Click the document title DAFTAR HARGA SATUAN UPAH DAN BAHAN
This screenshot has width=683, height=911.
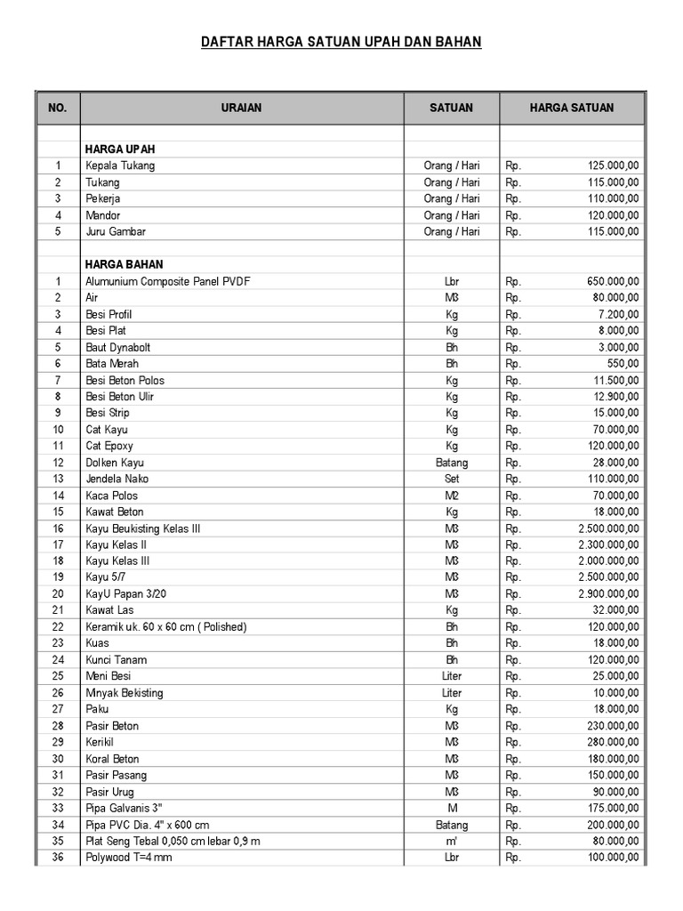(x=341, y=42)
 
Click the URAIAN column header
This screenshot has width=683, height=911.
(x=242, y=108)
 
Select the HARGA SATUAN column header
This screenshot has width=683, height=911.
(x=571, y=108)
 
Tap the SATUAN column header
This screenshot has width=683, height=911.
(x=452, y=108)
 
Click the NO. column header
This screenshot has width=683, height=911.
(x=58, y=108)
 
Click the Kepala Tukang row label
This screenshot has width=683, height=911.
(x=119, y=165)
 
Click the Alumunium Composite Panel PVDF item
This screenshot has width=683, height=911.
(x=168, y=281)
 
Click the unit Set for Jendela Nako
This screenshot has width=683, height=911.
(x=452, y=479)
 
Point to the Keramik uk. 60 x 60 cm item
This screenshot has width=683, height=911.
(x=165, y=627)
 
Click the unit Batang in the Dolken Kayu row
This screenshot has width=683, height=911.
(x=452, y=463)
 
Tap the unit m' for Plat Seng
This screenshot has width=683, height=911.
(x=452, y=842)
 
